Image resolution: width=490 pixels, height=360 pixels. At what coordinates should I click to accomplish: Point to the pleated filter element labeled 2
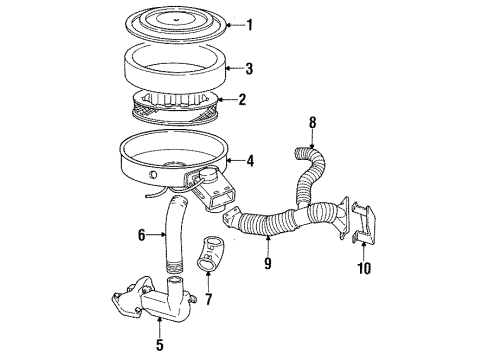[x=175, y=100]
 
